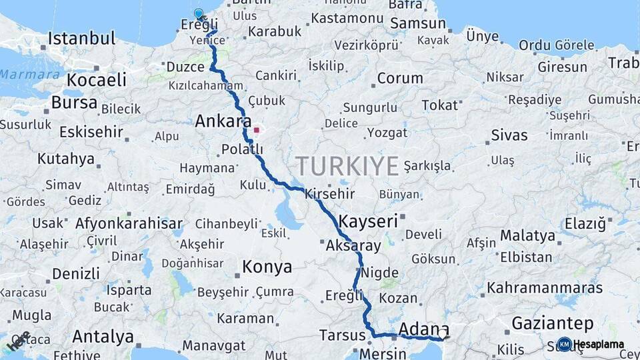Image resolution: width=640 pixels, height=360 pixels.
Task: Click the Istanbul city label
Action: click(81, 38)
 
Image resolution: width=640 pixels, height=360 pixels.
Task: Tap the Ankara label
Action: click(223, 122)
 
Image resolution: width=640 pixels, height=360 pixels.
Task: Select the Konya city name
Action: click(267, 267)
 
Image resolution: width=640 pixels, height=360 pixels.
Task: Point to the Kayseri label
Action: click(368, 221)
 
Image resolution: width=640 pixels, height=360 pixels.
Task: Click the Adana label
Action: click(423, 329)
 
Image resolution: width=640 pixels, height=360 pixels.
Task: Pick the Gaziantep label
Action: click(552, 324)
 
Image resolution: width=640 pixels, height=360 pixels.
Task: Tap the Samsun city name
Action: click(418, 23)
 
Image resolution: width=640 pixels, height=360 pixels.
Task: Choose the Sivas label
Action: click(509, 135)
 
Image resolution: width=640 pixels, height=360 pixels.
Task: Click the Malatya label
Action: click(527, 235)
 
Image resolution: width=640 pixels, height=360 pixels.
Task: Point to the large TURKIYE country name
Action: click(347, 165)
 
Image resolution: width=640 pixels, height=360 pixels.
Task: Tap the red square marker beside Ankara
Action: click(256, 130)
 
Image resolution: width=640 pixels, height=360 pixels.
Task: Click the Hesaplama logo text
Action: click(598, 345)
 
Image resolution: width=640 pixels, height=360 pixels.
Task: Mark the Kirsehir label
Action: click(330, 194)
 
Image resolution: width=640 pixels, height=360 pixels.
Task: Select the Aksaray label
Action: click(353, 246)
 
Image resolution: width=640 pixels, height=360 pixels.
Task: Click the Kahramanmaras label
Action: click(545, 289)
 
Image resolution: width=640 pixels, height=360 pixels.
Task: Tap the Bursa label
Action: click(74, 103)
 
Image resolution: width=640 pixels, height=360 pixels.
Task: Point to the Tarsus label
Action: click(341, 335)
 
